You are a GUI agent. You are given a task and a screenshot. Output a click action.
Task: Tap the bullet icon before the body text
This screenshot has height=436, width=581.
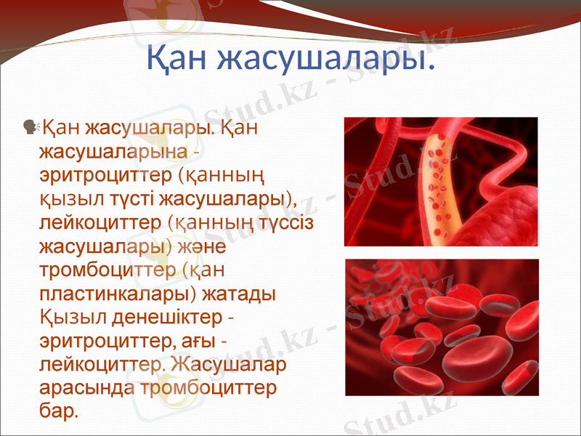tap(31, 128)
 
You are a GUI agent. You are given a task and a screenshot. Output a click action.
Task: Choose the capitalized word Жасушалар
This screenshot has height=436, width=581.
tap(233, 364)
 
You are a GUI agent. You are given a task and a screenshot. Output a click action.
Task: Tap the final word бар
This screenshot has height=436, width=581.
tap(58, 411)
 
